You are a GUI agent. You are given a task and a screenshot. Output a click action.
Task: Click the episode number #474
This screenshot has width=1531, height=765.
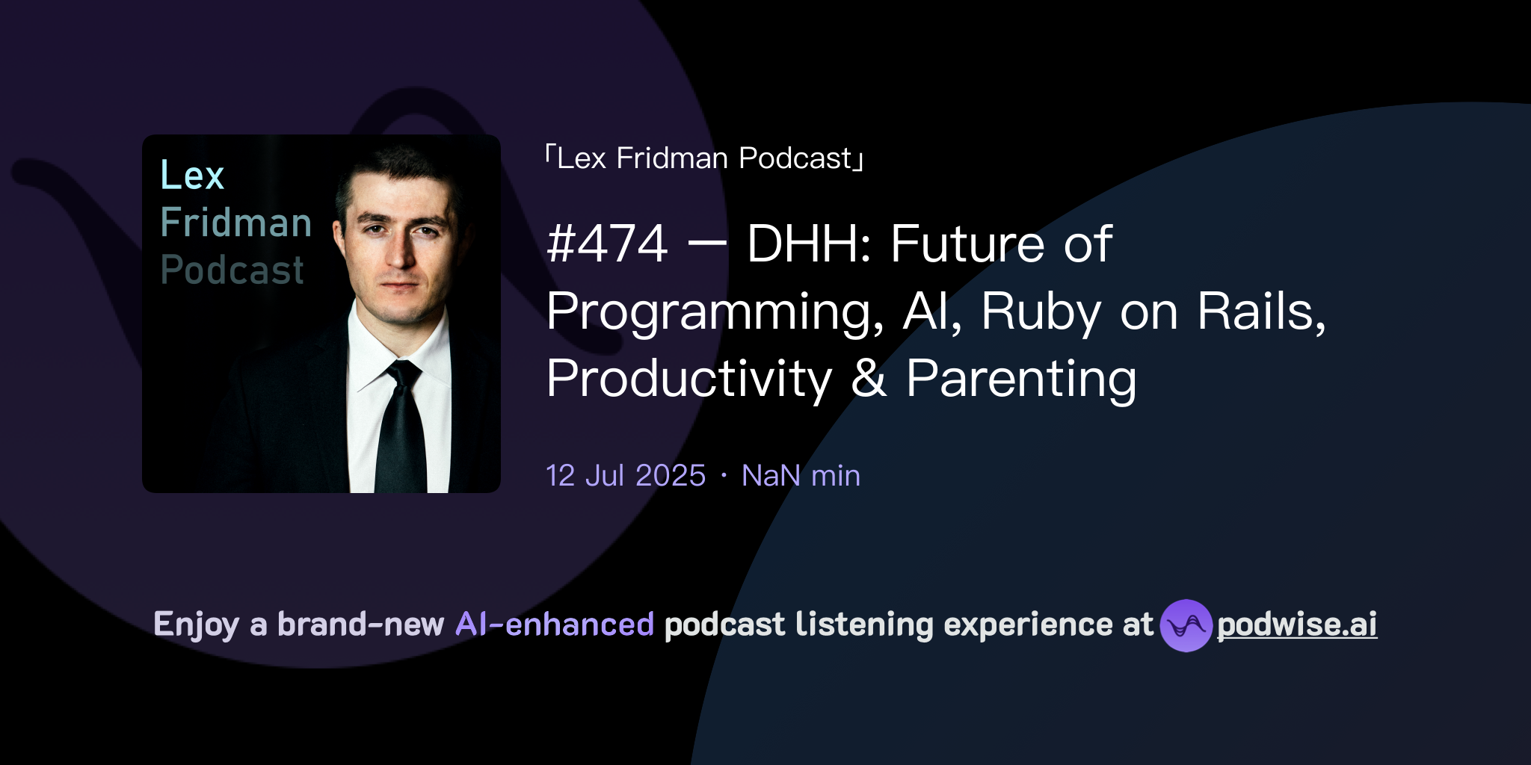click(x=607, y=244)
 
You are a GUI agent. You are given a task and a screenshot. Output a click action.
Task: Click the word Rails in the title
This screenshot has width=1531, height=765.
click(x=1261, y=311)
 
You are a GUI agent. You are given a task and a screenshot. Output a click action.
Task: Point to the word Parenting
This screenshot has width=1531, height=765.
click(x=1021, y=379)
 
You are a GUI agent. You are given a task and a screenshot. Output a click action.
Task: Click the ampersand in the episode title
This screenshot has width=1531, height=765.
click(x=869, y=378)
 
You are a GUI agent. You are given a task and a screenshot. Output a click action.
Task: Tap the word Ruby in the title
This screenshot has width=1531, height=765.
click(x=1041, y=312)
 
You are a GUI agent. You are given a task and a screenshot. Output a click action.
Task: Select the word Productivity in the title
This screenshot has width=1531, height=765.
click(x=689, y=379)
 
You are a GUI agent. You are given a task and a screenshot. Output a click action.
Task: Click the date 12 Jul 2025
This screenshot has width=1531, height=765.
click(x=626, y=476)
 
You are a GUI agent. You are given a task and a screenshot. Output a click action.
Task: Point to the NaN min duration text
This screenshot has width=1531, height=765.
click(x=801, y=476)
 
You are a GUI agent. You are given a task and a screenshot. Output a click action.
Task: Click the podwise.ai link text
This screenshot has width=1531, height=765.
click(x=1297, y=625)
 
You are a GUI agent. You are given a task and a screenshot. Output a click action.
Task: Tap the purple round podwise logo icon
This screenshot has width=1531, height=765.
click(x=1186, y=625)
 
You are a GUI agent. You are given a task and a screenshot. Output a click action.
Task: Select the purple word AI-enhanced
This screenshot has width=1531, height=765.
click(x=555, y=625)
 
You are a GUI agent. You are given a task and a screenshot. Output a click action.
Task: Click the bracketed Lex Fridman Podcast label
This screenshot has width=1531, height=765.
click(x=704, y=158)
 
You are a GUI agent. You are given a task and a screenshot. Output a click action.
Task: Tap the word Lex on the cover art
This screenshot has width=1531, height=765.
click(x=192, y=176)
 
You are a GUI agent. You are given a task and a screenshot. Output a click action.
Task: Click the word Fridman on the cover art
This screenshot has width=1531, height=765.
click(x=236, y=223)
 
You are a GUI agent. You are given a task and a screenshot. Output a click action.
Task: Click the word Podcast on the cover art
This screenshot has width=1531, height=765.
click(x=232, y=270)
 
